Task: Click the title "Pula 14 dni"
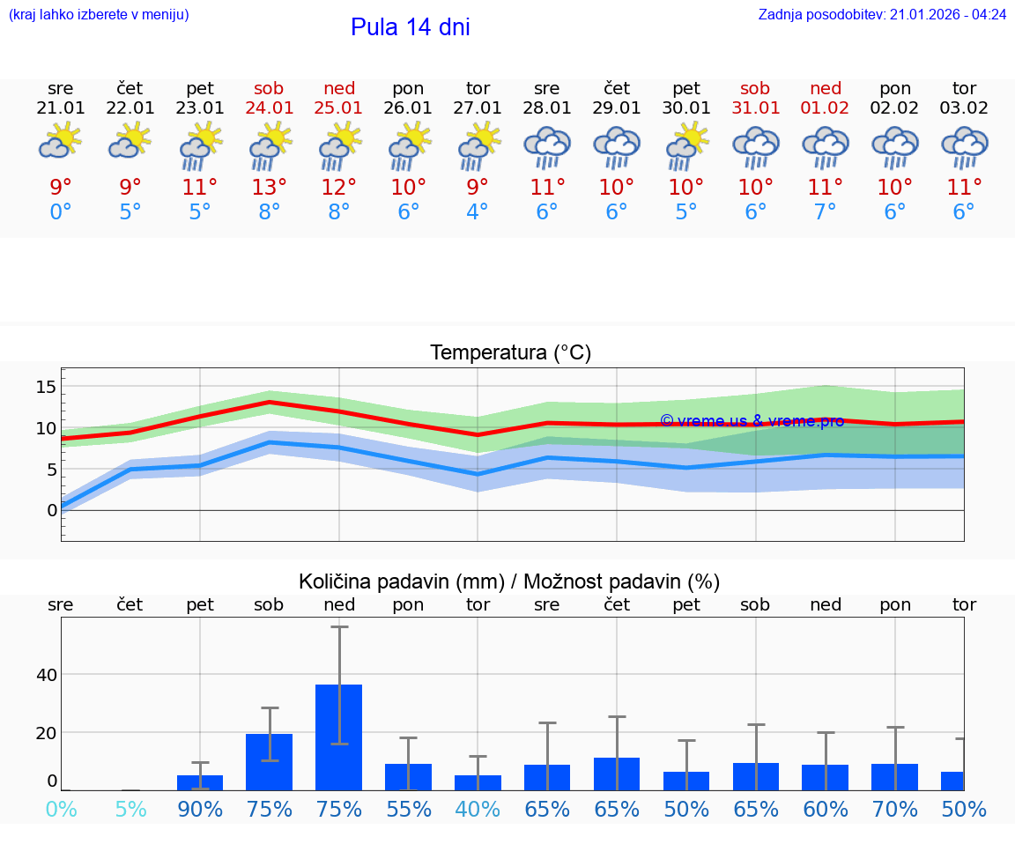click(x=410, y=27)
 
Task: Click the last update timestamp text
click(x=882, y=14)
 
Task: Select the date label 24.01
click(x=270, y=107)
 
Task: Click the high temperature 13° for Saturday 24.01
click(x=270, y=187)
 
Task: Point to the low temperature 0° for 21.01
click(x=60, y=212)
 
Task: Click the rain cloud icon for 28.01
click(x=547, y=147)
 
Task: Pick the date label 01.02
click(x=826, y=107)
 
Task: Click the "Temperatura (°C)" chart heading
click(x=510, y=353)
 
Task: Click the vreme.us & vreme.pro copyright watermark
click(x=752, y=420)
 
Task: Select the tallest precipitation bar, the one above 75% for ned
click(x=339, y=737)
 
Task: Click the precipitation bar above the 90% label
click(x=200, y=782)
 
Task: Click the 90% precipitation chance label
click(x=200, y=809)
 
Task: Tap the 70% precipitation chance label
click(x=895, y=809)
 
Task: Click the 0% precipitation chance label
click(x=60, y=809)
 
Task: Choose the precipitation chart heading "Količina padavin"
click(x=509, y=581)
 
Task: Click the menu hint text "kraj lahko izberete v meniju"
click(x=98, y=14)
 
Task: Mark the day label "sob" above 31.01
click(x=755, y=88)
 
